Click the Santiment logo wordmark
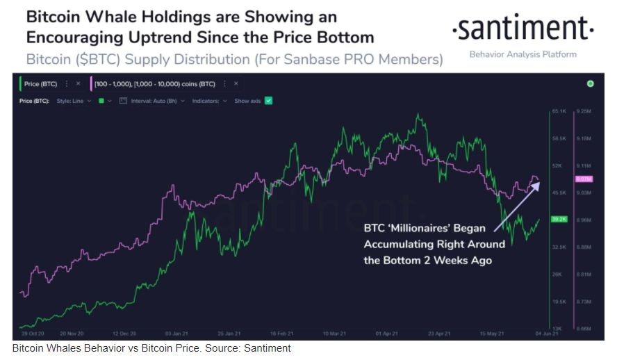coord(523,30)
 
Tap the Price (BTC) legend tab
coord(40,83)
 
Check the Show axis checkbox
coord(269,101)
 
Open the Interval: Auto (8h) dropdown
coord(151,101)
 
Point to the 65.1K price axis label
coord(560,111)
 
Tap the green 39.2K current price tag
coord(559,219)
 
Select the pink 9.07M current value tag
coord(582,179)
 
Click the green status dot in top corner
coord(590,83)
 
